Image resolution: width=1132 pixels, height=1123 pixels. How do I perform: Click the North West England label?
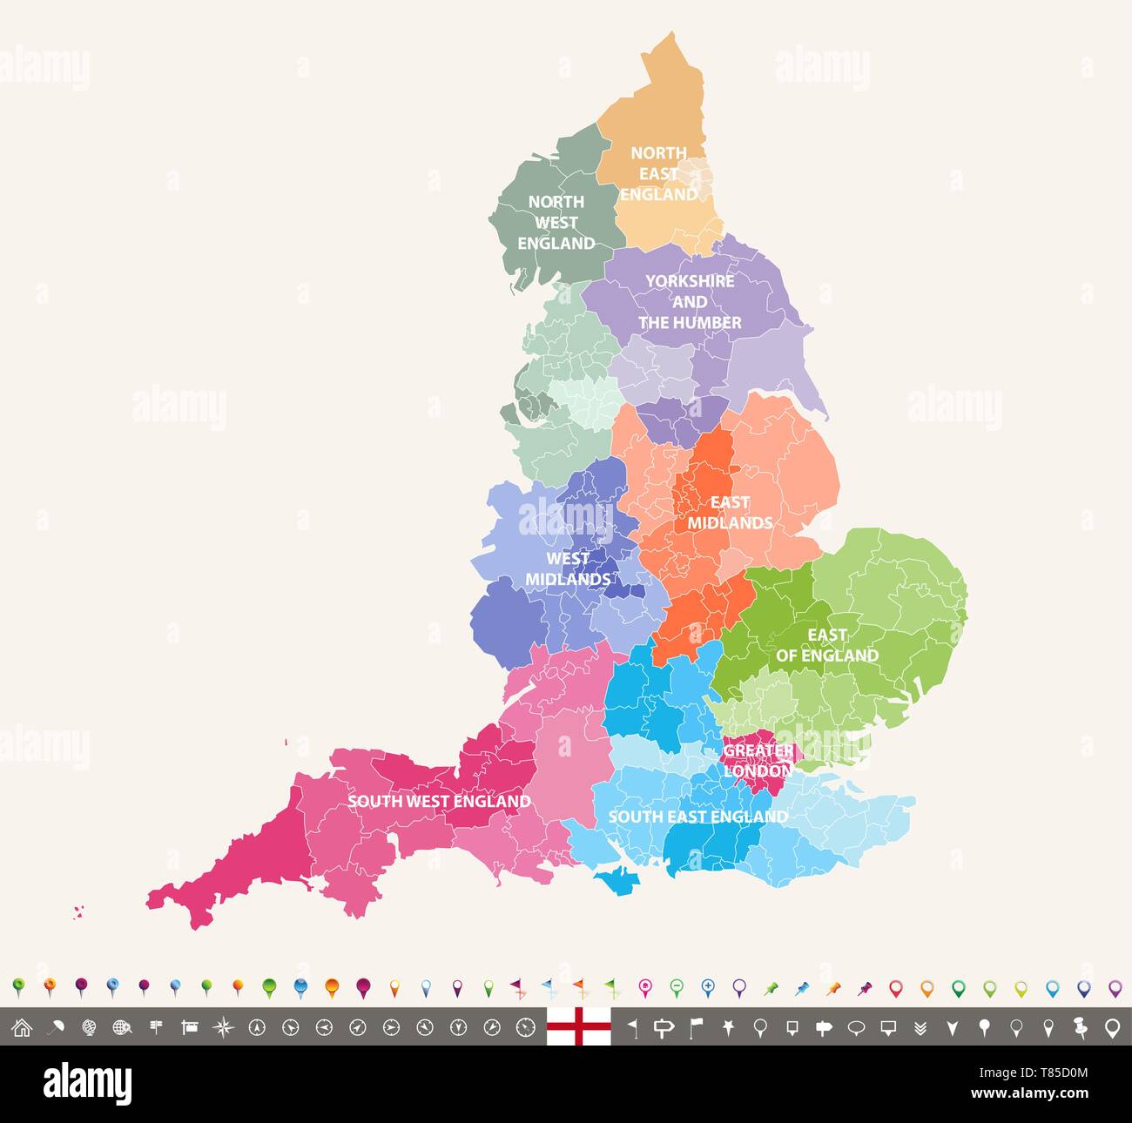coord(556,223)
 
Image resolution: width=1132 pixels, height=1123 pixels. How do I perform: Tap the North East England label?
coord(659,174)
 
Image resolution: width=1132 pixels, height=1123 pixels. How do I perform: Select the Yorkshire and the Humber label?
coord(690,302)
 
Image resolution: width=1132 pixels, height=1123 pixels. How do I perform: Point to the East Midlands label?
coord(730,513)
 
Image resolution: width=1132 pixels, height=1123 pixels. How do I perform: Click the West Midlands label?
coord(568,568)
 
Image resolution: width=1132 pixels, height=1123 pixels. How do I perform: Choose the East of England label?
coord(826,645)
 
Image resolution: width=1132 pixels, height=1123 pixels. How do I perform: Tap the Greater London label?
coord(758,760)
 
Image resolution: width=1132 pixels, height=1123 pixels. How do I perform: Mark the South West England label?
coord(439,801)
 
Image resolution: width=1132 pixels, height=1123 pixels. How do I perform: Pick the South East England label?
coord(697,817)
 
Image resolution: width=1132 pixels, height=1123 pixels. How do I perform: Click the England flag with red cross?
coord(579,1027)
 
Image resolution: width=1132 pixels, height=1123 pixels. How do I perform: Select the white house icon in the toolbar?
coord(22,1028)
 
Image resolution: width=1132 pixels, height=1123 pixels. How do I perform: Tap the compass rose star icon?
coord(223,1028)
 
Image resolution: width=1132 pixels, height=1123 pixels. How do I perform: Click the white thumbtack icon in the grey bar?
coord(1080,1027)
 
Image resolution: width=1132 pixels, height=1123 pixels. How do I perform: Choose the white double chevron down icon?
coord(920,1028)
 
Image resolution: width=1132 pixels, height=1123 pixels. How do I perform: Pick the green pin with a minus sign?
coord(676,988)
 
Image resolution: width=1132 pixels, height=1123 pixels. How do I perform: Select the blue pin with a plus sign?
coord(707,988)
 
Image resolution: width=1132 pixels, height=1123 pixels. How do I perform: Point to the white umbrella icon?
coord(55,1028)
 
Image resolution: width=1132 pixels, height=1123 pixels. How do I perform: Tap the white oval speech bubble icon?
coord(856,1028)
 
